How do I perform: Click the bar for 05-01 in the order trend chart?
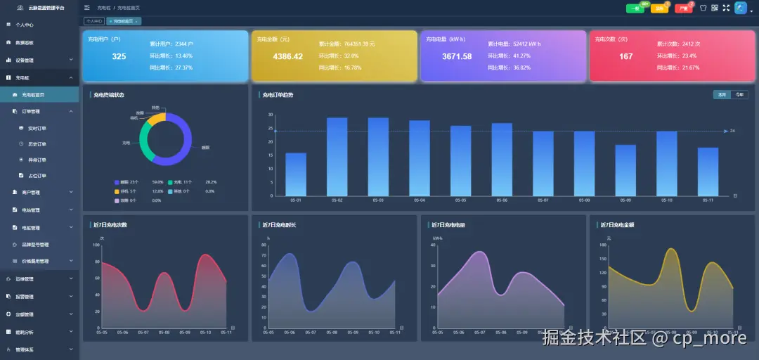pos(296,174)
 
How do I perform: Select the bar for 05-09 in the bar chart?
pos(625,170)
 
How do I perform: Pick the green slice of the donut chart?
pos(144,141)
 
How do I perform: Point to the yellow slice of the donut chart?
pos(156,119)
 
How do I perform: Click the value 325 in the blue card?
pos(119,56)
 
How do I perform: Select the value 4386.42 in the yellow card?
pos(288,56)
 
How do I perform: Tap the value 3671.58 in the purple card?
pos(457,56)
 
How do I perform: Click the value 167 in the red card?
pos(625,56)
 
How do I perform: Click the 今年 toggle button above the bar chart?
pos(739,94)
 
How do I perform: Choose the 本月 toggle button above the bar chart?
pos(722,94)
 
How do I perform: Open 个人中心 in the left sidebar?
pos(25,25)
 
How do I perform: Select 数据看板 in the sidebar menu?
pos(25,42)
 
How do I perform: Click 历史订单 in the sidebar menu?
pos(37,144)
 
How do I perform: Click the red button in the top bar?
pos(683,8)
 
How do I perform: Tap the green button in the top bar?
pos(635,8)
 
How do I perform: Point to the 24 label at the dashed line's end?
pos(732,131)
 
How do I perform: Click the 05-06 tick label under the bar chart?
pos(502,200)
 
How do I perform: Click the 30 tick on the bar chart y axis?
pos(271,115)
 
